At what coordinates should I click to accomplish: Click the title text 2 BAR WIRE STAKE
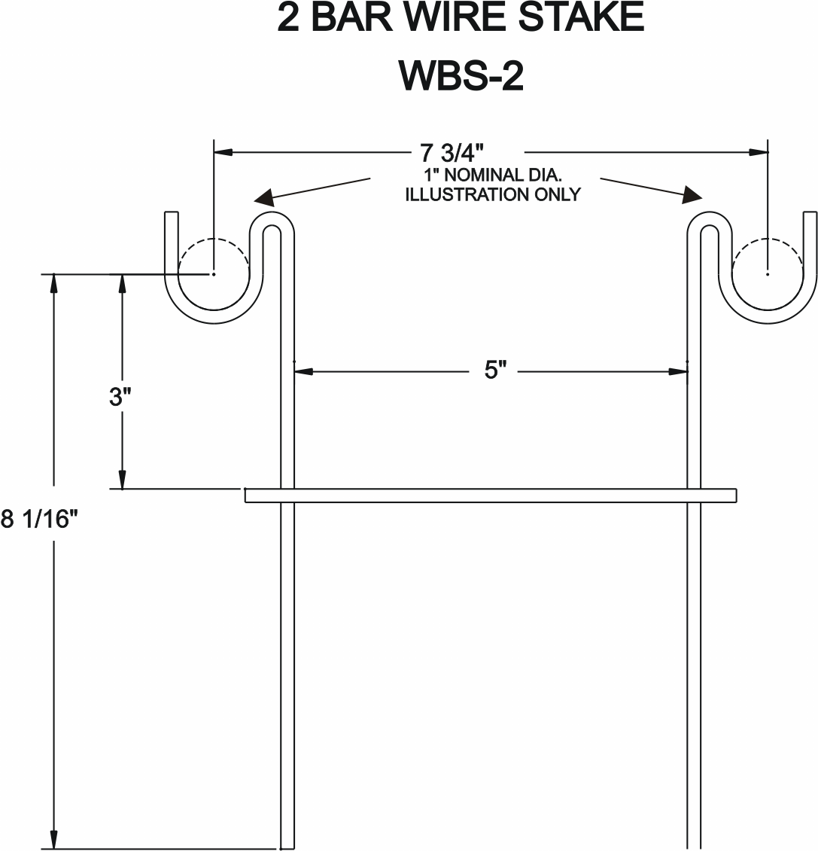461,17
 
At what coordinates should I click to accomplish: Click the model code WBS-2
461,75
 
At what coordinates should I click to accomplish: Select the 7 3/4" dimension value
452,153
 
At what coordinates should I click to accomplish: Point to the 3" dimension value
120,397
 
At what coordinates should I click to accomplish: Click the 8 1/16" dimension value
40,519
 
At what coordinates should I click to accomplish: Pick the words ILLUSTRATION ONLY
493,194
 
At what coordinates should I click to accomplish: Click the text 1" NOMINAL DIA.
493,175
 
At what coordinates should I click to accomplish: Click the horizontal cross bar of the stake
491,496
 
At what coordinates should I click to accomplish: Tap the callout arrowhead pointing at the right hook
692,195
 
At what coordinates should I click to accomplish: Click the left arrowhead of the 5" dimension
304,372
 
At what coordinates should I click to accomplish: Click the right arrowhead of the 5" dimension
678,372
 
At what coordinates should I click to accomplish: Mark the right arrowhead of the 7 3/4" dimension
759,152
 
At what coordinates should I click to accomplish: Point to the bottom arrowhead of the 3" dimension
122,479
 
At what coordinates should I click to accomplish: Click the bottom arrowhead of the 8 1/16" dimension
53,839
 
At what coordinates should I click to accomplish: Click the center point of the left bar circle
214,274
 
